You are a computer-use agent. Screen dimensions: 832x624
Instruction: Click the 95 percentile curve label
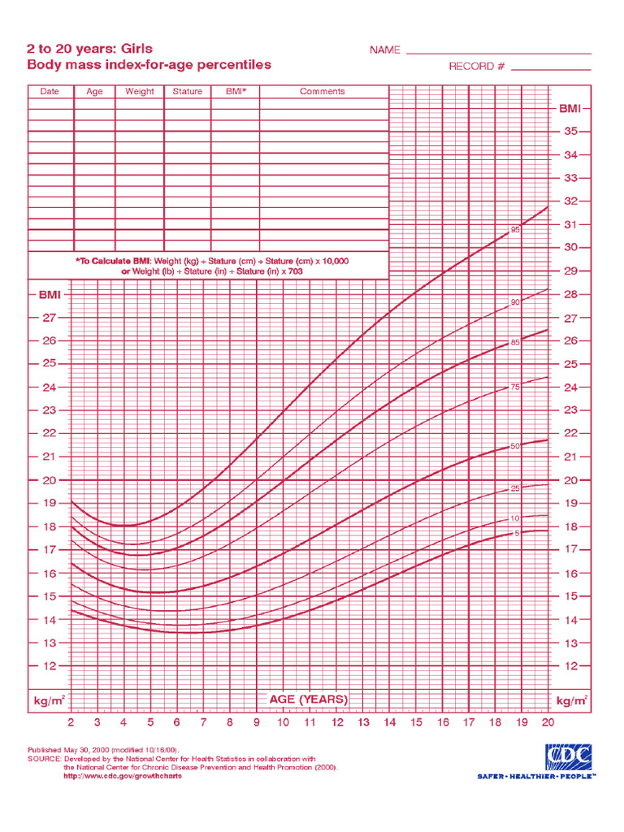point(515,230)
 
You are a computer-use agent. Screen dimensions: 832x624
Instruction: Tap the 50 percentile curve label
point(515,446)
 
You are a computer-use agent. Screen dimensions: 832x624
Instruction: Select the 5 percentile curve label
point(516,533)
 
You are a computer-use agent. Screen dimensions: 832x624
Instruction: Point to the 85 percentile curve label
point(515,343)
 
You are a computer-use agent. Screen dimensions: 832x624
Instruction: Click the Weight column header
point(139,92)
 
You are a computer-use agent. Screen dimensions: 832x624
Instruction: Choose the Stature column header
point(187,92)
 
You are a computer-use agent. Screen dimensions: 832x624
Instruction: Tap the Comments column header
point(323,92)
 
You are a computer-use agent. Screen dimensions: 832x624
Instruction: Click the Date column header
point(50,92)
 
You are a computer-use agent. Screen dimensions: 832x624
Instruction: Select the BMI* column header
point(236,92)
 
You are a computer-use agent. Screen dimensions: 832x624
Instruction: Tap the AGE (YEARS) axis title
point(308,699)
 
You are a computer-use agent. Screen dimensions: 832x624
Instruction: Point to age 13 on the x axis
point(363,722)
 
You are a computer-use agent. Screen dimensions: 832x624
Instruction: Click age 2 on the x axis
point(71,722)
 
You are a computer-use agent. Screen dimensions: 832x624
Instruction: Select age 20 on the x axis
point(548,722)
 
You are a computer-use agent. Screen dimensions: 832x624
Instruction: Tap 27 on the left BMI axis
point(50,318)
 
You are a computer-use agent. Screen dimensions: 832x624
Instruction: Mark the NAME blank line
point(498,53)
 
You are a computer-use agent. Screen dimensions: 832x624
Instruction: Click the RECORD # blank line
point(551,70)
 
